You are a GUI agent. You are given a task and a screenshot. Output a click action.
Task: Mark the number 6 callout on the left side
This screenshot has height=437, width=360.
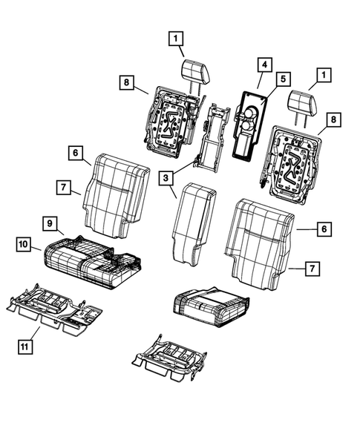(76, 154)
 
